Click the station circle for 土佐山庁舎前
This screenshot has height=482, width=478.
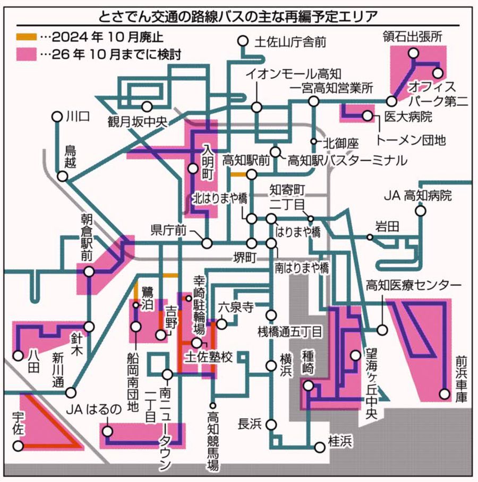(x=243, y=41)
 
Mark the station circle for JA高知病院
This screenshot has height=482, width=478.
(x=421, y=212)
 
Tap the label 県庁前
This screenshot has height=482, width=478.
(x=168, y=230)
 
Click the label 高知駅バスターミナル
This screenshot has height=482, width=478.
(x=339, y=160)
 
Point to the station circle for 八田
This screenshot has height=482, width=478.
(x=18, y=355)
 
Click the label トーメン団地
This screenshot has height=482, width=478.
(x=411, y=140)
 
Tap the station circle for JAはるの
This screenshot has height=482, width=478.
(x=108, y=431)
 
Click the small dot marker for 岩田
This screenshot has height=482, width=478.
(x=369, y=236)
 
